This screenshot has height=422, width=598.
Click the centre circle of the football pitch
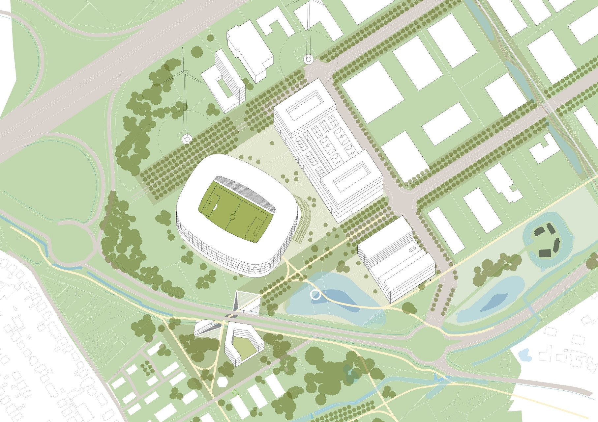point(232,217)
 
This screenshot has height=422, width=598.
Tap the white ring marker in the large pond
point(315,295)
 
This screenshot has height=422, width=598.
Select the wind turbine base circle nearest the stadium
point(187,139)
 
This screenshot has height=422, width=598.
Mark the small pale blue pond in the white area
point(524,354)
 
